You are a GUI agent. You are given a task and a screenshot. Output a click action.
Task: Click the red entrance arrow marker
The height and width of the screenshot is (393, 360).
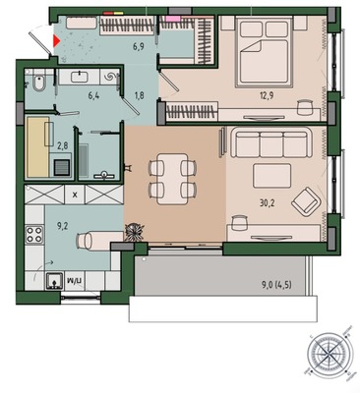pos(56,41)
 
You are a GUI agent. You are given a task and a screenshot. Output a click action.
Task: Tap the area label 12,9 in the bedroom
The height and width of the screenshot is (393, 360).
pos(267,95)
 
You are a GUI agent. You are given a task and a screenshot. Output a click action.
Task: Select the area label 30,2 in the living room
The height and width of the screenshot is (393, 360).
pos(268,203)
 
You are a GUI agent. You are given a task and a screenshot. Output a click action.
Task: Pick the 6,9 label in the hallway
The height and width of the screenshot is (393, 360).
pos(139,45)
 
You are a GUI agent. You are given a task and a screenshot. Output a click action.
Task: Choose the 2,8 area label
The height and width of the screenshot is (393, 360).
pos(62,145)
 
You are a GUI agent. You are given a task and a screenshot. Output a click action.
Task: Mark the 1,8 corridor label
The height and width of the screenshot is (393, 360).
pos(139,95)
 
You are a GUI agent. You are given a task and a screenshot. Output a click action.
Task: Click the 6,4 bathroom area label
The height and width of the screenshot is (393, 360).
pos(93,96)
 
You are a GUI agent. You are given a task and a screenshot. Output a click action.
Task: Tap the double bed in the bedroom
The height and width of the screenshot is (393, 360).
pos(264,52)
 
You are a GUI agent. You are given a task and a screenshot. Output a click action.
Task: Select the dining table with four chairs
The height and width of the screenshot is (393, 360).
pos(172,179)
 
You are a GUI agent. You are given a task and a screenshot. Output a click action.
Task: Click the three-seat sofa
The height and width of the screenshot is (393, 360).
pos(270,142)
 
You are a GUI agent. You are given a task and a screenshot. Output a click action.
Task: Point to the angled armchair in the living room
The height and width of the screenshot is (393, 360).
pos(306,201)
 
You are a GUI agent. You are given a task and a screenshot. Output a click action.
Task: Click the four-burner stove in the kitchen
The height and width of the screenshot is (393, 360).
pos(34,234)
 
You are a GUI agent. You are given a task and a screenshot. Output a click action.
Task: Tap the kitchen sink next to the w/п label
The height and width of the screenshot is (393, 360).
pos(54,281)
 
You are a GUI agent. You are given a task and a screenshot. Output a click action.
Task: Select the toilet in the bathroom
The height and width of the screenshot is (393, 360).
pos(39,83)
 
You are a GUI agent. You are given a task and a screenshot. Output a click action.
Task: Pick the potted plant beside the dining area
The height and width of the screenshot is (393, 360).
pos(135,232)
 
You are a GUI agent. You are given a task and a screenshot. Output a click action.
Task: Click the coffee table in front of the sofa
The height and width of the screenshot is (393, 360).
pos(271,176)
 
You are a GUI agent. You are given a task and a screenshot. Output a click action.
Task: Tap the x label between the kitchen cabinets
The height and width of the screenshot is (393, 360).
pos(75,195)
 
